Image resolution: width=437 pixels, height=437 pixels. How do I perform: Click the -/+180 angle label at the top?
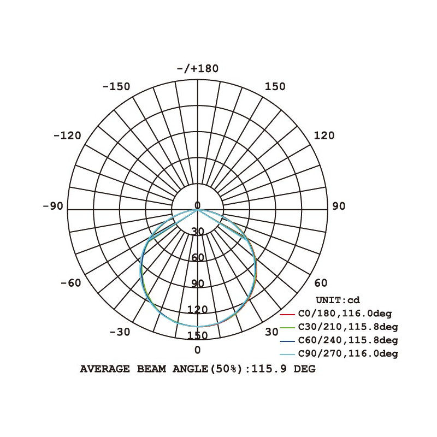click(x=198, y=69)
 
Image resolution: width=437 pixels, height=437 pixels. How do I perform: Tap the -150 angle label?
click(x=116, y=87)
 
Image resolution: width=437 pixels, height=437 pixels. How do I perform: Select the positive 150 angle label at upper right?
click(x=275, y=87)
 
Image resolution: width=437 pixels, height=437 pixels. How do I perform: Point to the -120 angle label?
click(x=67, y=135)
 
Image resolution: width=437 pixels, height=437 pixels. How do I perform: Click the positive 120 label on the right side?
click(x=324, y=135)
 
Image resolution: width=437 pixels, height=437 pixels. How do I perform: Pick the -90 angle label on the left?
click(x=53, y=206)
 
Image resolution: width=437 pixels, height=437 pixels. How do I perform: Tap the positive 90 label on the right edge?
click(x=339, y=206)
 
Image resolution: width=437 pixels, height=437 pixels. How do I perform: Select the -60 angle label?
click(x=71, y=283)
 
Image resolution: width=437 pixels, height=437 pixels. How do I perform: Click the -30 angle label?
click(x=120, y=332)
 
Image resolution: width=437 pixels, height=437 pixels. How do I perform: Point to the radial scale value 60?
click(x=198, y=258)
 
